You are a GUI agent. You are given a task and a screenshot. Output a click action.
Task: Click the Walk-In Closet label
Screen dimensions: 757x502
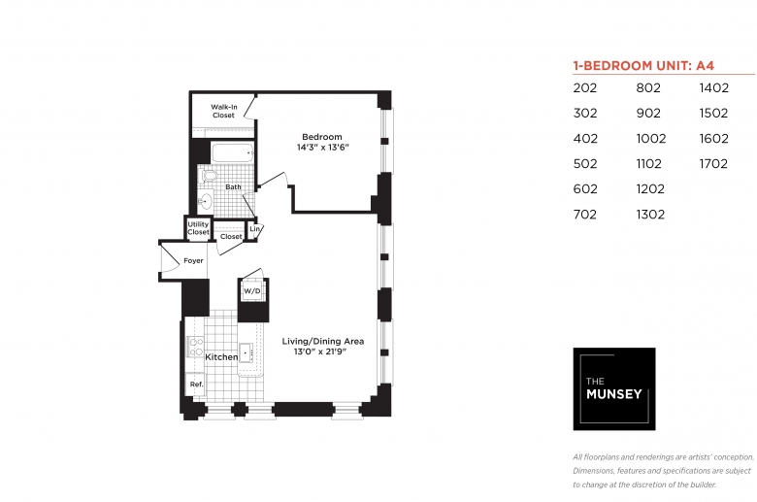click(x=224, y=111)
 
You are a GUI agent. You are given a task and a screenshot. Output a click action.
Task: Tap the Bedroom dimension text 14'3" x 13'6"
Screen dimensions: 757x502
click(x=322, y=148)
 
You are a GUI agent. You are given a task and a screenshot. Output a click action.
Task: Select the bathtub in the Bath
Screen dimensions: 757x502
click(x=232, y=152)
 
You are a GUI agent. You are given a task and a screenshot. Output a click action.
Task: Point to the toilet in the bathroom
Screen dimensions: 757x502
click(x=209, y=175)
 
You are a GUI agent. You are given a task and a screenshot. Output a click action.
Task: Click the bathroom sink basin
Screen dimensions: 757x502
click(x=206, y=201)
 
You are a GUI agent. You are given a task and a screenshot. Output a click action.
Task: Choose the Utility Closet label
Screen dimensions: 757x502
click(x=198, y=228)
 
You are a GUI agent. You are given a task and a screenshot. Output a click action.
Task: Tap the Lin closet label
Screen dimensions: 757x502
click(x=254, y=228)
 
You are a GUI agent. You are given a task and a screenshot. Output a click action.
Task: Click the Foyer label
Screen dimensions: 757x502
click(x=193, y=261)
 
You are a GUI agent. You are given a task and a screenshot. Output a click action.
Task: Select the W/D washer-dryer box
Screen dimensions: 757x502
click(x=252, y=291)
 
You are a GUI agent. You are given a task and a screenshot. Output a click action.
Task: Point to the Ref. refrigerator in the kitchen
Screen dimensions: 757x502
click(x=196, y=385)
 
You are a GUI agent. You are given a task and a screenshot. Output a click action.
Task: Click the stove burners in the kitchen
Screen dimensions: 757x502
click(x=195, y=347)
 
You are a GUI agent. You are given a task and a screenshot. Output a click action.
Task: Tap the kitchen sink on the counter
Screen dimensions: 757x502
click(x=246, y=353)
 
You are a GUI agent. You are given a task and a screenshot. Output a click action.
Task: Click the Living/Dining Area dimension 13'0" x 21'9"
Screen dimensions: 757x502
click(x=320, y=351)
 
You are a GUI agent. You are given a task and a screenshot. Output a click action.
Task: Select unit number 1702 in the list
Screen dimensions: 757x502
click(x=713, y=164)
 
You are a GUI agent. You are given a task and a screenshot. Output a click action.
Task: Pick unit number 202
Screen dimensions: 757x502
click(x=585, y=88)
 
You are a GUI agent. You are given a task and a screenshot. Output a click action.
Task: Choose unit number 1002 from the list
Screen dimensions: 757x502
click(x=651, y=139)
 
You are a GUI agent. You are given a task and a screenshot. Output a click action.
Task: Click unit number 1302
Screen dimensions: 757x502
click(x=650, y=215)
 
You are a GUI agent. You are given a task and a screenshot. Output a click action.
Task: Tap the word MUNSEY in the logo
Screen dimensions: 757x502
click(x=614, y=394)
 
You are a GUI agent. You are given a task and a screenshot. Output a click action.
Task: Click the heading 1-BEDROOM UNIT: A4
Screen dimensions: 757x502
click(x=643, y=66)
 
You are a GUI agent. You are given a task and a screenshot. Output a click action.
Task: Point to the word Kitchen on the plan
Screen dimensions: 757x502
click(x=221, y=357)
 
